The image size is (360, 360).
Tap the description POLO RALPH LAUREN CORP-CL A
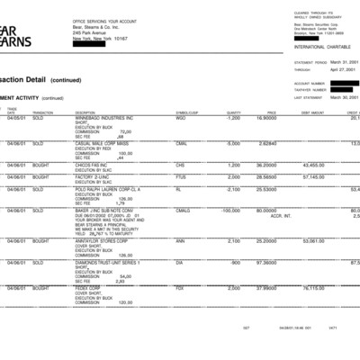[x=108, y=190]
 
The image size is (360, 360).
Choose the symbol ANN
[x=180, y=241]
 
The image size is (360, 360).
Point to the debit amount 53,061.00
[x=313, y=241]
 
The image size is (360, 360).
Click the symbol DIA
[x=180, y=262]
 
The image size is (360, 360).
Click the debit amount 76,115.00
[x=313, y=288]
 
